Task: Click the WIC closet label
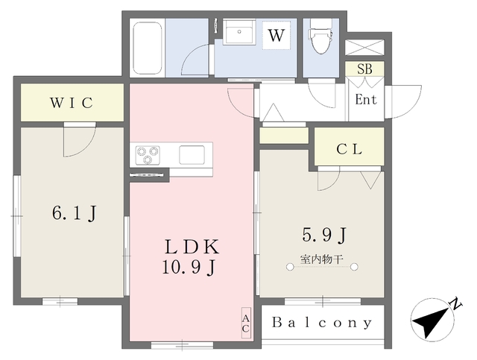(72, 103)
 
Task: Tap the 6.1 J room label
(75, 213)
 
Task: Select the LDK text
(192, 247)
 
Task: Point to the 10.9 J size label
(189, 268)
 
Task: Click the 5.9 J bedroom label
(324, 235)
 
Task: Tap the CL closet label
(350, 149)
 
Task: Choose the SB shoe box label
(364, 69)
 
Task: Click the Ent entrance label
(366, 100)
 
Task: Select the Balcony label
(322, 323)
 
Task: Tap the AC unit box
(246, 323)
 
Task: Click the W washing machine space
(277, 35)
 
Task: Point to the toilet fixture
(320, 37)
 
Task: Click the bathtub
(148, 48)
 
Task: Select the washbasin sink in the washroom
(239, 32)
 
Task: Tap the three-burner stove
(148, 155)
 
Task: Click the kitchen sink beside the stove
(192, 155)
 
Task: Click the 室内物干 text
(322, 259)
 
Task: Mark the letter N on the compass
(456, 303)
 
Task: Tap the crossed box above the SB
(364, 48)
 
